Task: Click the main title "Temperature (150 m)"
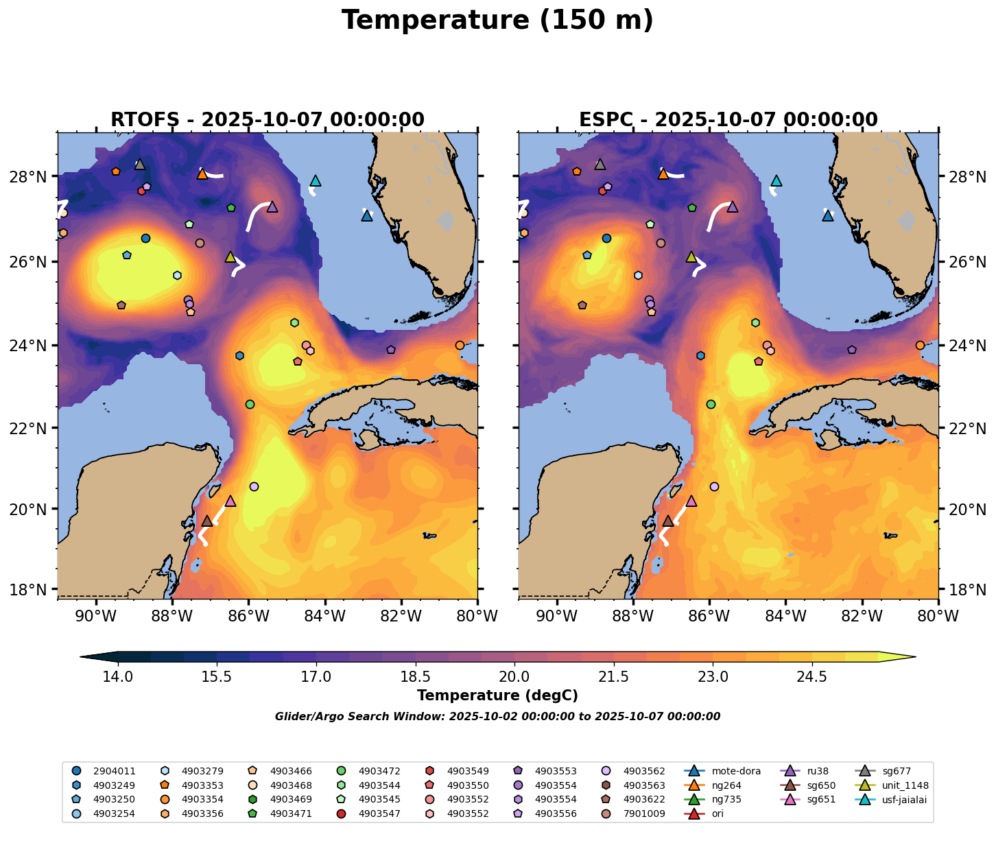coord(497,21)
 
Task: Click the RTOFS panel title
coord(268,120)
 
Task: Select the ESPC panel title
coord(728,120)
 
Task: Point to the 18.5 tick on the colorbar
coord(416,677)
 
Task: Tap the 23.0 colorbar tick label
coord(713,677)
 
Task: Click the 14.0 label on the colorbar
coord(118,677)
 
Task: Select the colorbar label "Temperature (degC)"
coord(497,696)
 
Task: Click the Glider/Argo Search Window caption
coord(497,717)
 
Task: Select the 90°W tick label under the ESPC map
coord(556,616)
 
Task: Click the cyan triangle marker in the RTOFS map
coord(316,181)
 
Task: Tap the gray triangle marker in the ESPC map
coord(600,165)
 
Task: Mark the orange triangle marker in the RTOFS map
coord(202,174)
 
